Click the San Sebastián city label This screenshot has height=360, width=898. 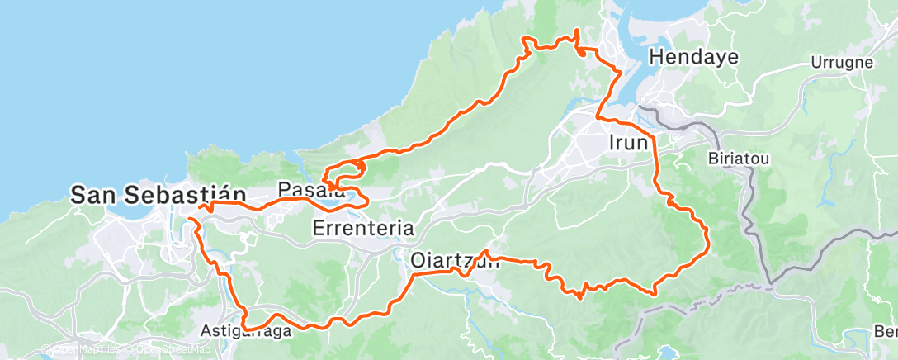tap(158, 195)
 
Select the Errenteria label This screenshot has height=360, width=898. tap(363, 227)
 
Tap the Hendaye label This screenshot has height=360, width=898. tap(693, 57)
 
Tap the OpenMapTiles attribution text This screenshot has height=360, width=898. tap(83, 349)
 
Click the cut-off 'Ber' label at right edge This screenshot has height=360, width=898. tap(886, 331)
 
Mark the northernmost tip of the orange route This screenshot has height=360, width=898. tap(576, 31)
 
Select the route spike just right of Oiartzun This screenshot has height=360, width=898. tap(487, 252)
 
